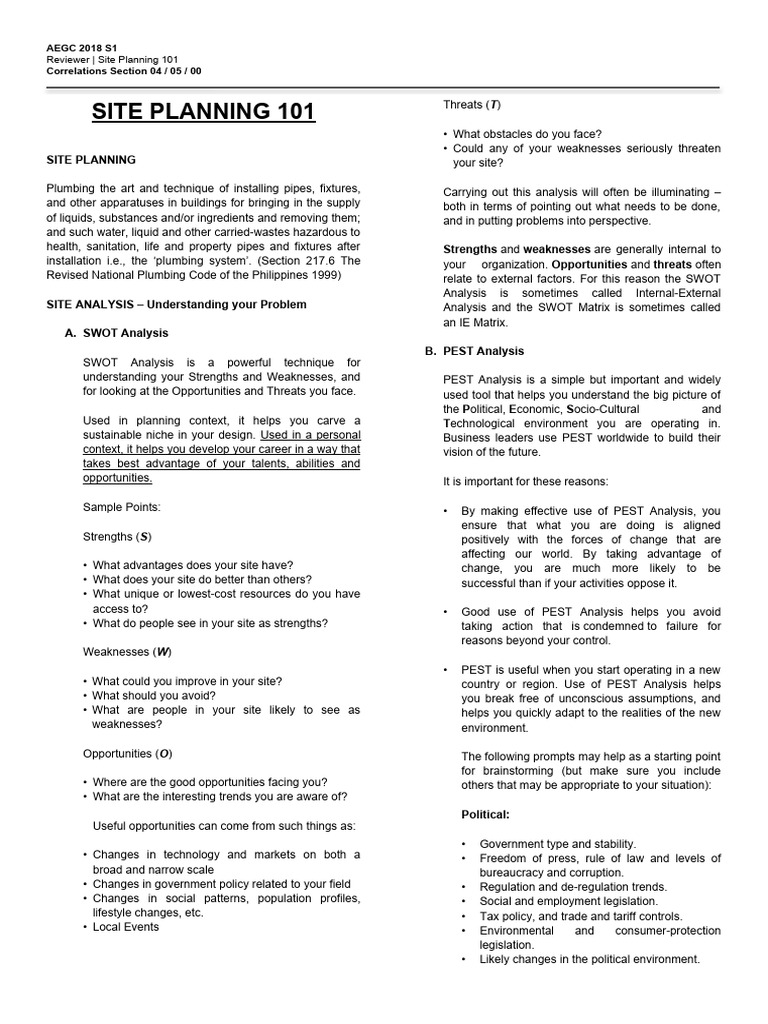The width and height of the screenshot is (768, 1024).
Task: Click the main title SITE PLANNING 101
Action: point(203,111)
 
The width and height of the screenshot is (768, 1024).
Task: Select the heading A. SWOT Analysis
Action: point(125,333)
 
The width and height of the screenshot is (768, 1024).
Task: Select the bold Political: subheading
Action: point(485,814)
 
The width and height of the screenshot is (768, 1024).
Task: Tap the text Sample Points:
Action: point(121,507)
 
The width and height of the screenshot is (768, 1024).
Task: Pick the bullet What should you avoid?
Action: point(154,695)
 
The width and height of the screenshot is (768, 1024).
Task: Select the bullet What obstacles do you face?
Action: point(527,134)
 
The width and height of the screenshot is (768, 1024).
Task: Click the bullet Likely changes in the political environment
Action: point(589,959)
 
